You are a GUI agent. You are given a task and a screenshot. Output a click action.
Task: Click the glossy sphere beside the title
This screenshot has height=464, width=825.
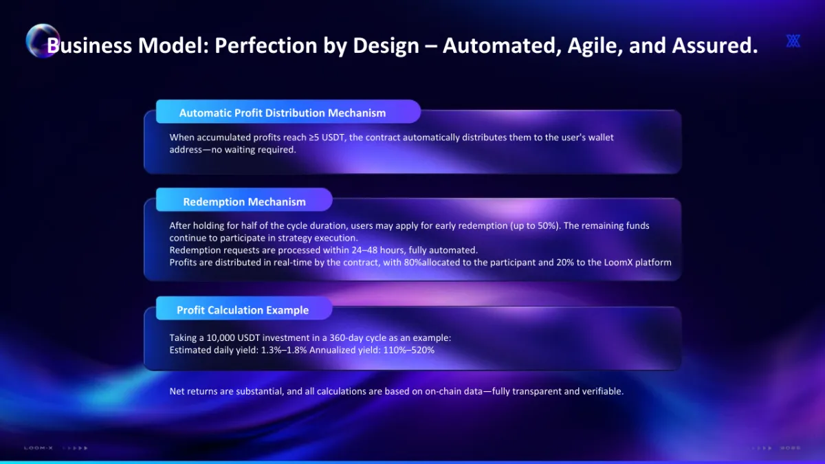point(43,41)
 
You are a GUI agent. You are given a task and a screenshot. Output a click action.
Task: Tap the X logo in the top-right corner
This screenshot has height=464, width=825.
point(793,41)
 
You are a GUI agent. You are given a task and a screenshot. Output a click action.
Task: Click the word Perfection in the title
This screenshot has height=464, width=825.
point(265,45)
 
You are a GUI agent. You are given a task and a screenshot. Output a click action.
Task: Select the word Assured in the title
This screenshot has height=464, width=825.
point(715,45)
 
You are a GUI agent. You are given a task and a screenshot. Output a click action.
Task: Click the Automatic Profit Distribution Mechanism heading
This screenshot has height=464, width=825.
point(283,113)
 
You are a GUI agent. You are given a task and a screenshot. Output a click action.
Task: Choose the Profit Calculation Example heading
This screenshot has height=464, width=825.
point(243,310)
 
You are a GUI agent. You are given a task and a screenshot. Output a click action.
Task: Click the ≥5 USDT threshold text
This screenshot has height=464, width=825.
point(327,137)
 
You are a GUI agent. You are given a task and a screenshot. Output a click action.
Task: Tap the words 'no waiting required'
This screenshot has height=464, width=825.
point(254,150)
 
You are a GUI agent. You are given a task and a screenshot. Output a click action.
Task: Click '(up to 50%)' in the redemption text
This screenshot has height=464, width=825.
point(535,225)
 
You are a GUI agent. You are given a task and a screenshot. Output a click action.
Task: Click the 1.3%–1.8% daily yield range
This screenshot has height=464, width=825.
point(284,350)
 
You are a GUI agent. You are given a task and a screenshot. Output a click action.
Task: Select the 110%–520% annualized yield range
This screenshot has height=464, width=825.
point(409,350)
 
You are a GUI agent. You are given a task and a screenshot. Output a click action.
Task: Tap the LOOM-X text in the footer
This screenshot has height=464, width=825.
point(38,448)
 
